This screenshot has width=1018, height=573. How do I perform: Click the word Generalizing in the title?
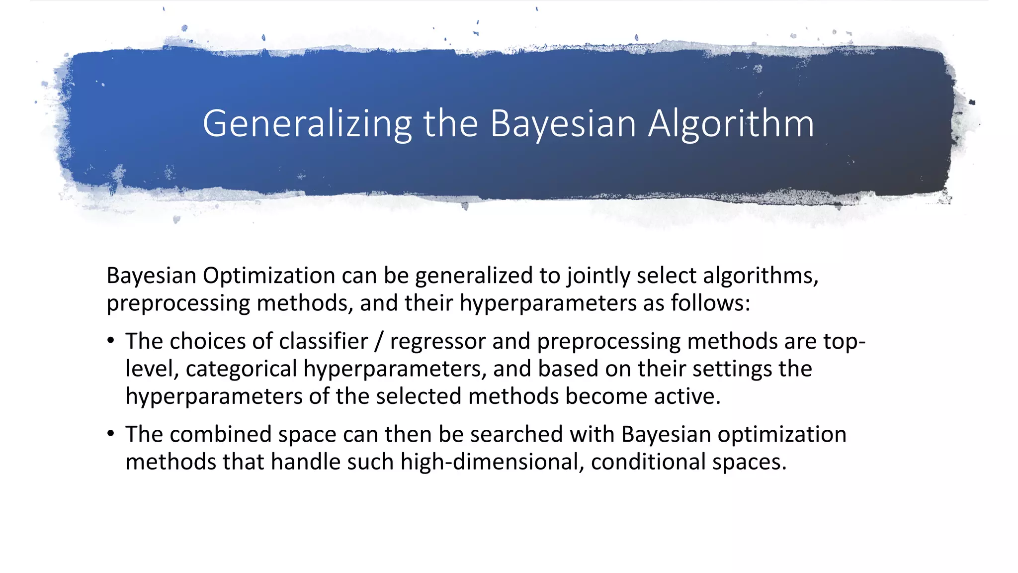pos(307,124)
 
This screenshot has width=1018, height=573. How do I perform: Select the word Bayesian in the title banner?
pos(563,124)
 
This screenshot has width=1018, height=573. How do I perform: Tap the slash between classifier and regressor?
pos(379,342)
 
